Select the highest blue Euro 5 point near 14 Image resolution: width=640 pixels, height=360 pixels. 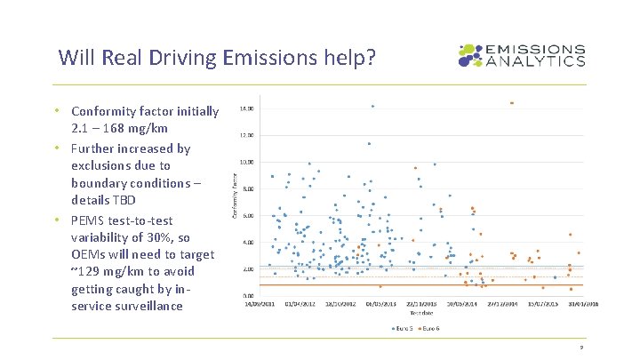point(372,107)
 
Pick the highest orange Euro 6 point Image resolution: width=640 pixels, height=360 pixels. point(512,103)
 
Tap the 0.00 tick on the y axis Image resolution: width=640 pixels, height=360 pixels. point(249,295)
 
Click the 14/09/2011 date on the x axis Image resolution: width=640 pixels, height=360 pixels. point(261,303)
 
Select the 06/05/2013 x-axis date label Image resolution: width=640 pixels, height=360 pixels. point(380,303)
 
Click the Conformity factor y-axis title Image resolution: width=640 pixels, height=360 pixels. point(235,201)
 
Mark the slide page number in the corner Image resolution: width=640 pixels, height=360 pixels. point(580,348)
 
